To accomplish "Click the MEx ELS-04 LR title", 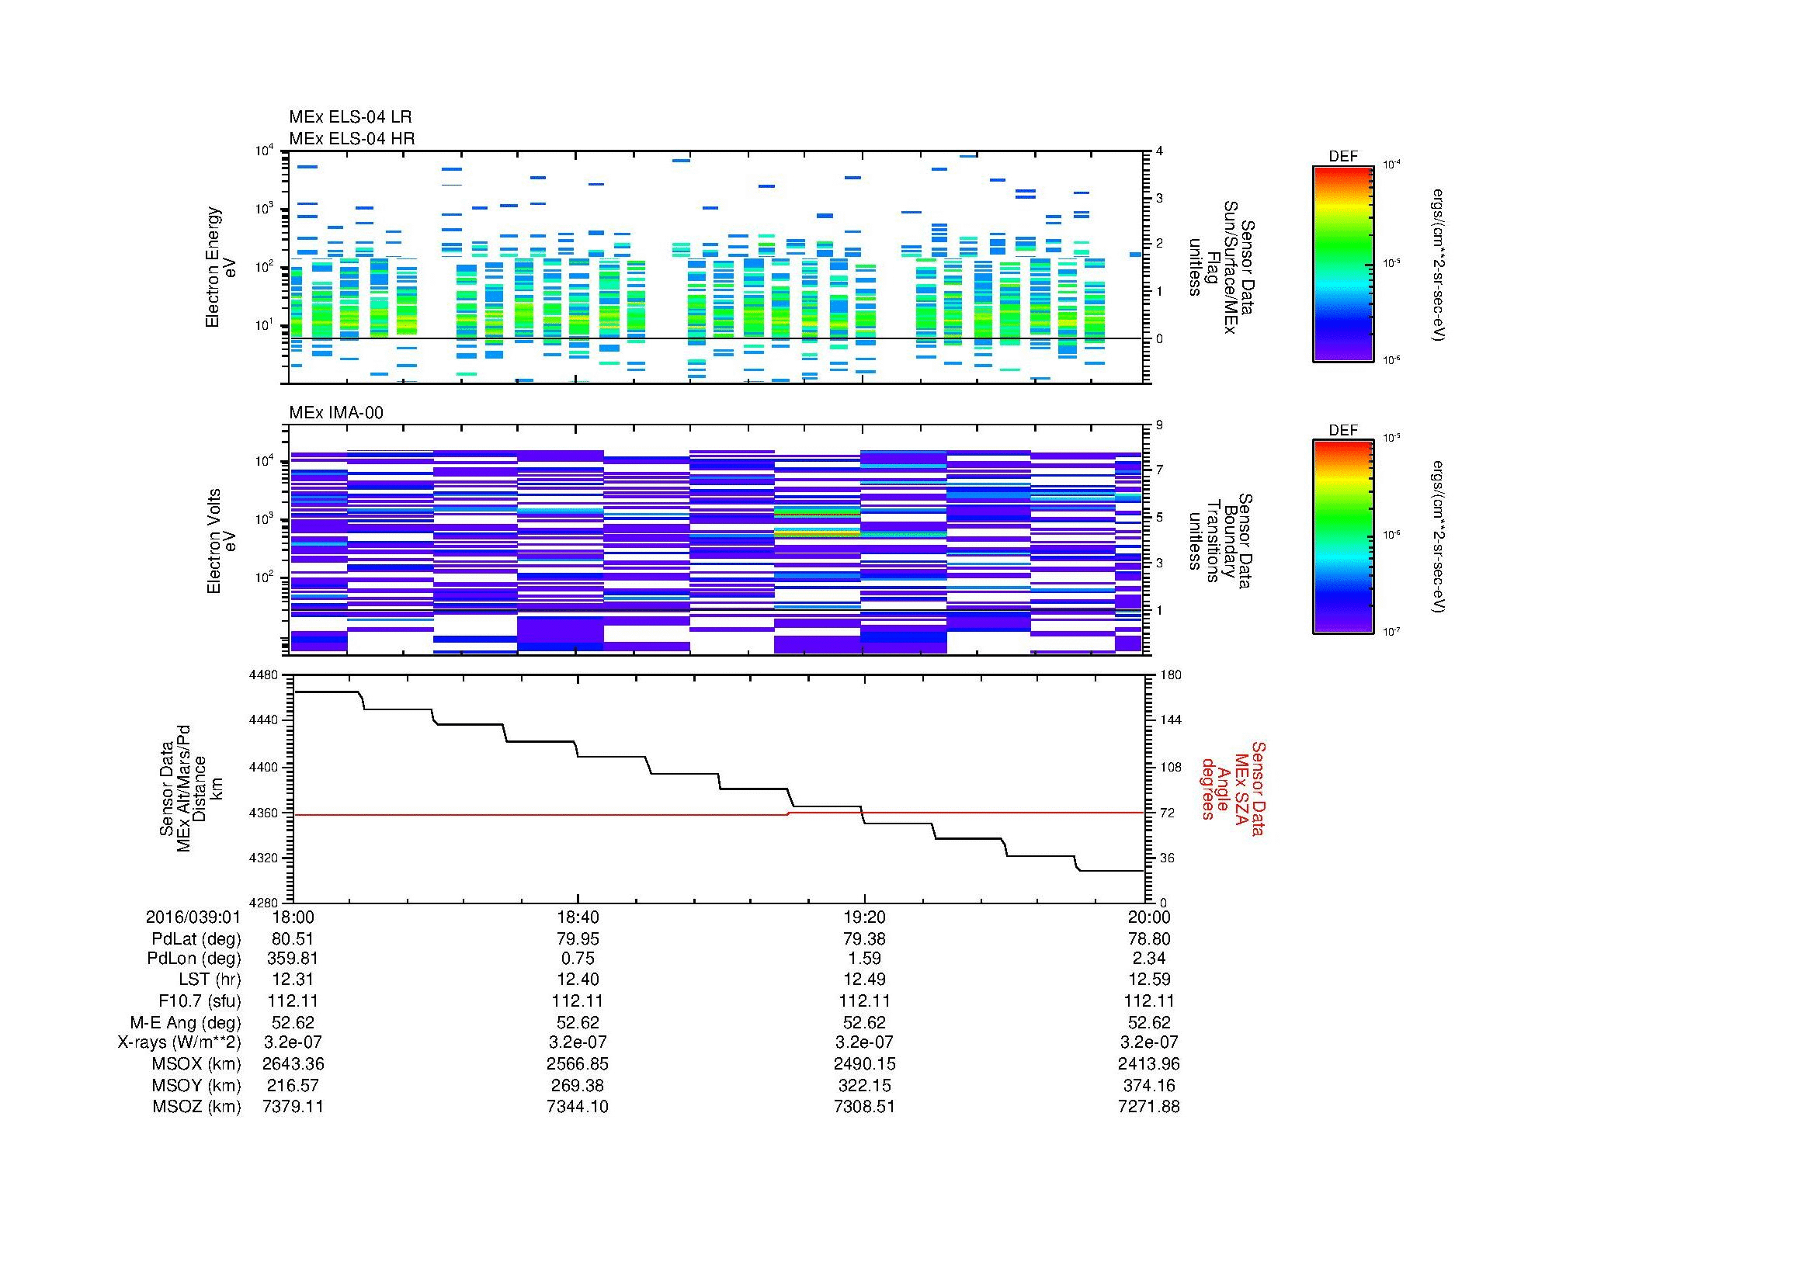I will click(349, 117).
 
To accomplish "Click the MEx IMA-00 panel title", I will click(336, 413).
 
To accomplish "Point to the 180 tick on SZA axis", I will click(1170, 675).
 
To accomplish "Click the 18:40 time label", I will click(578, 917).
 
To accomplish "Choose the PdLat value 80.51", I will click(293, 939).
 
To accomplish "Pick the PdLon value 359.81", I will click(293, 959).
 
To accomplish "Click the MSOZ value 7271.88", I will click(1148, 1107).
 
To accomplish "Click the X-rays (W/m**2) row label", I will click(179, 1042).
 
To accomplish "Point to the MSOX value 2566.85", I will click(578, 1064).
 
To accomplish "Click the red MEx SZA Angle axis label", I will click(1233, 788).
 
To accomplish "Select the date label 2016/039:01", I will click(193, 917).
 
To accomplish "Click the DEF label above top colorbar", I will click(1343, 157).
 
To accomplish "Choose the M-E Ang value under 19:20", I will click(863, 1022).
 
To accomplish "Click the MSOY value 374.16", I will click(1148, 1085).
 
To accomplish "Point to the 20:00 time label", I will click(1148, 917).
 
